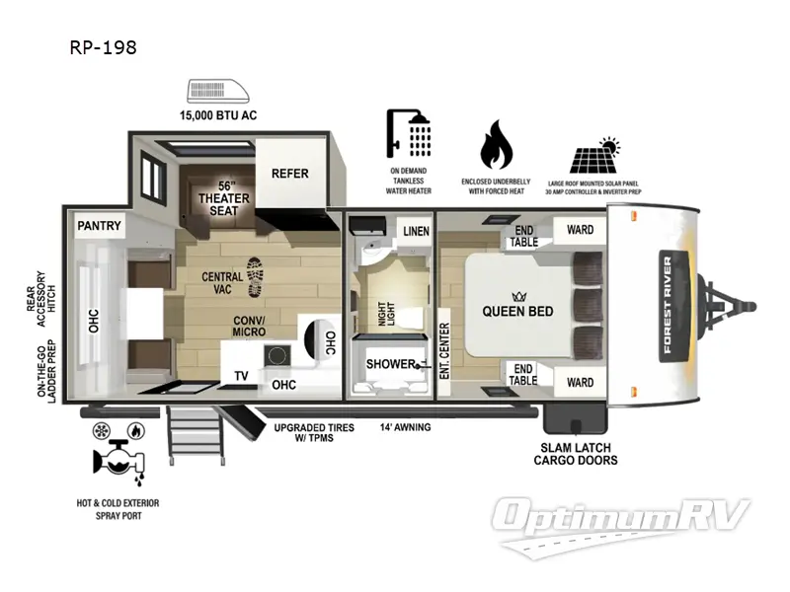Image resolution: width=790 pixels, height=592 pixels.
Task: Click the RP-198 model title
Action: click(x=103, y=46)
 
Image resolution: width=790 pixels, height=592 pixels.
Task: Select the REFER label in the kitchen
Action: click(x=289, y=174)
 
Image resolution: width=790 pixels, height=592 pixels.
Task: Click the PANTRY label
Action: click(x=100, y=226)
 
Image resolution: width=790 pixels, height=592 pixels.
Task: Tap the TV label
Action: click(x=241, y=375)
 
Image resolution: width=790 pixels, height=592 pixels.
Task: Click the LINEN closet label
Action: click(x=415, y=231)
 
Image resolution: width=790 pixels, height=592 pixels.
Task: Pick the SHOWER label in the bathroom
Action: click(x=387, y=364)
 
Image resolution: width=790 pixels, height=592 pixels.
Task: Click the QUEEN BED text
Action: click(x=517, y=311)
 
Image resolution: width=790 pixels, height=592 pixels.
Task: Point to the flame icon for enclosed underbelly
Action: click(x=497, y=146)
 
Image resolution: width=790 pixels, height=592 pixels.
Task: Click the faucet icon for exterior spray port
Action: click(x=118, y=455)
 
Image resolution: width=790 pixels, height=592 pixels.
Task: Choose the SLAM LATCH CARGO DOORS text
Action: click(x=576, y=453)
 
